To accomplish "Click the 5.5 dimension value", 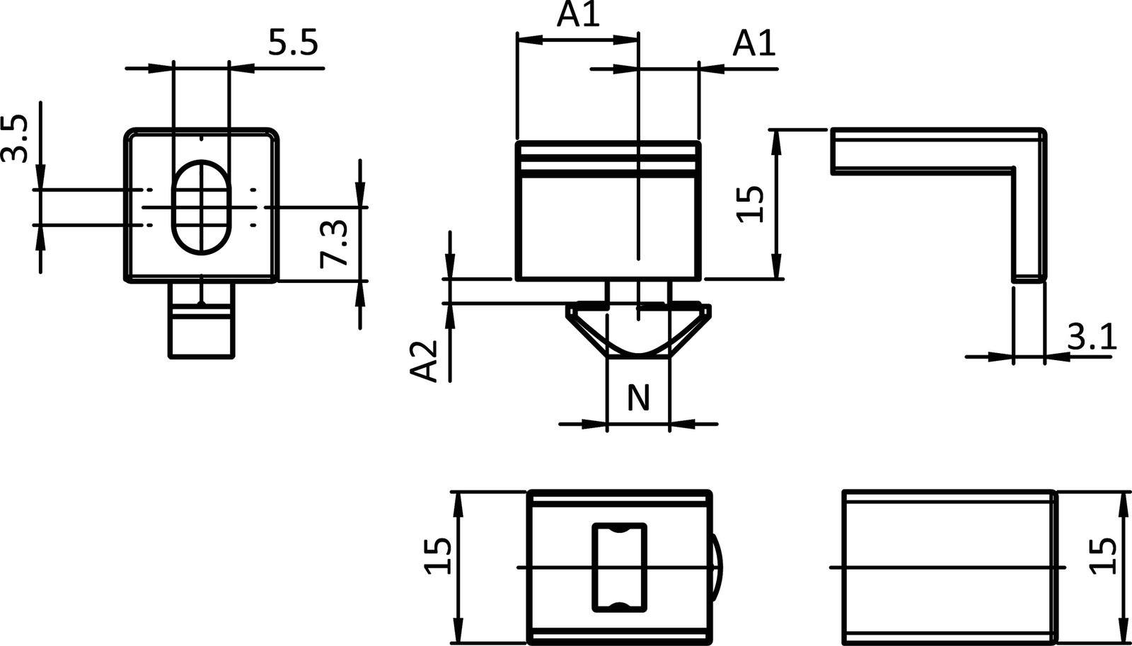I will click(x=293, y=44).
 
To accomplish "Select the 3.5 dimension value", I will click(x=16, y=139).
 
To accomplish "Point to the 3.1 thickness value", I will click(x=1091, y=337).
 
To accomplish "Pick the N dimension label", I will click(x=638, y=398).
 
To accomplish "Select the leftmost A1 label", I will click(x=577, y=14).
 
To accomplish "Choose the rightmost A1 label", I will click(x=754, y=44).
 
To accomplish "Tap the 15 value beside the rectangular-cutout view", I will click(x=437, y=556).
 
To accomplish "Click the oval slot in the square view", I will click(x=202, y=206).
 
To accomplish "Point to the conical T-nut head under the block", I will click(x=638, y=329).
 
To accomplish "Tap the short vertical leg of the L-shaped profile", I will click(x=1029, y=226).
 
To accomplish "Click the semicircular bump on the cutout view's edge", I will click(x=717, y=567).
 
